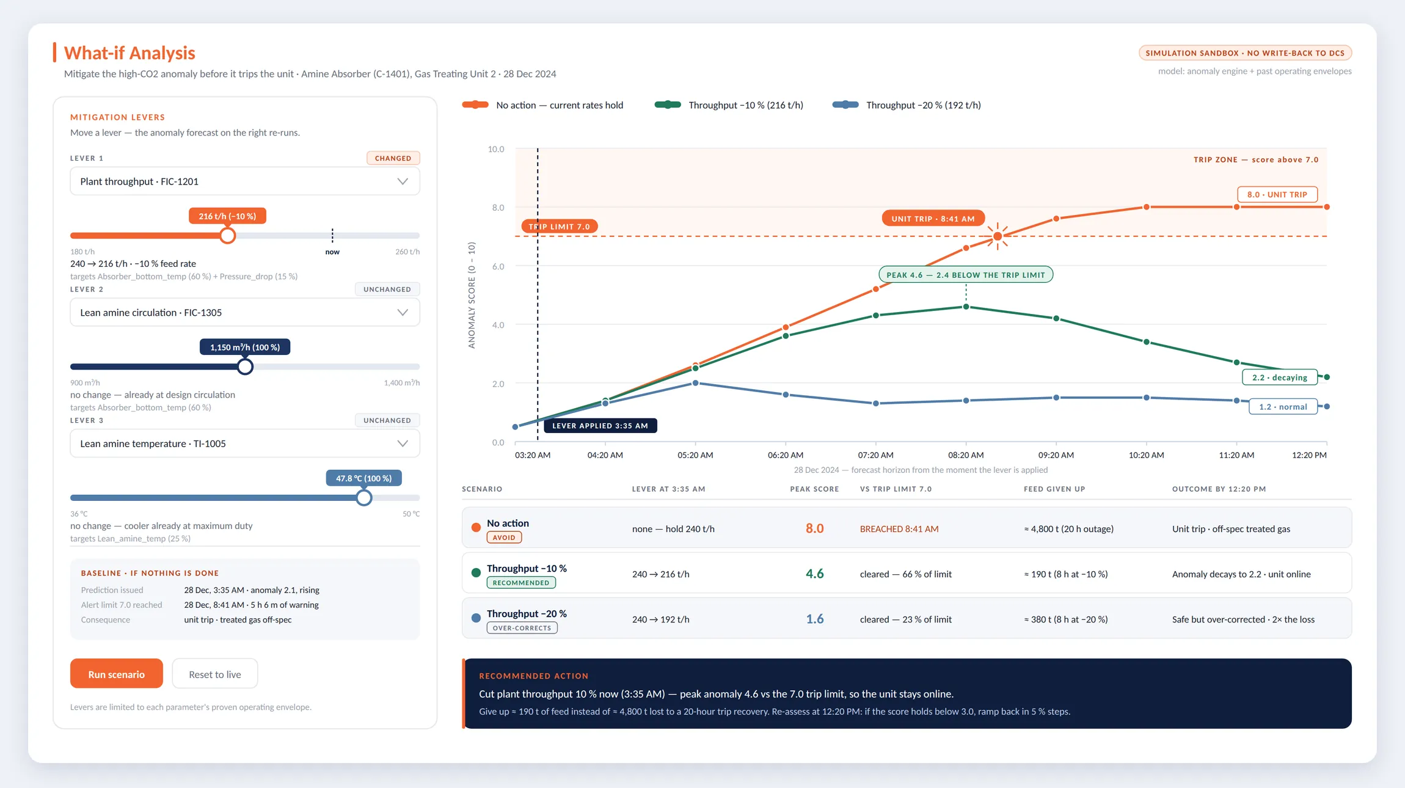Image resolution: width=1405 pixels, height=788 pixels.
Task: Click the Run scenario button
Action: coord(116,674)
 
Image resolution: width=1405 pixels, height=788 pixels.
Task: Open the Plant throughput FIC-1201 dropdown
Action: coord(245,181)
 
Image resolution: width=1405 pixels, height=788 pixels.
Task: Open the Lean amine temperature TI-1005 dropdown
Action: coord(245,443)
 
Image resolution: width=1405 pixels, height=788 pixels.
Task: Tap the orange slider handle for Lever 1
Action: coord(227,235)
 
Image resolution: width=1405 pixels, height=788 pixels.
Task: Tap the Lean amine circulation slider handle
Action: coord(245,367)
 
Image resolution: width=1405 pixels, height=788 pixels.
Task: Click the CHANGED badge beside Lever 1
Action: coord(393,158)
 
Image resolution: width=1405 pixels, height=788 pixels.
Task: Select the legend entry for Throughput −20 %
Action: coord(907,105)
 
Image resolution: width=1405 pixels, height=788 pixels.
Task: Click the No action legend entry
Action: coord(542,105)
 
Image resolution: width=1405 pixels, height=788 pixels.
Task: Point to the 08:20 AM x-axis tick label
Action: coord(966,455)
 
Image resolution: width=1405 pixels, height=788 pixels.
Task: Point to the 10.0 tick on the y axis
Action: coord(496,149)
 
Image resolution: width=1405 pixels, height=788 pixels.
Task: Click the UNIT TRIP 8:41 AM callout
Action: coord(933,219)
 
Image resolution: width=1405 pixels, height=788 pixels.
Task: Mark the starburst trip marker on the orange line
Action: coord(998,236)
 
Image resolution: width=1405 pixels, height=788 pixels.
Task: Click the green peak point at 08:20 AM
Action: coord(966,307)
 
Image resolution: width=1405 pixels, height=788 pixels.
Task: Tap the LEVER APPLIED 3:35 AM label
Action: coord(600,426)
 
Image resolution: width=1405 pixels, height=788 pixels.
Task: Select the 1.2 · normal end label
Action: coord(1283,407)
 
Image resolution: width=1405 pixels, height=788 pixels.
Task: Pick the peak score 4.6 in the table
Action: coord(814,574)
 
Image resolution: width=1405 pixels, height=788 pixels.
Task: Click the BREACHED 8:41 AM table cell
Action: coord(899,529)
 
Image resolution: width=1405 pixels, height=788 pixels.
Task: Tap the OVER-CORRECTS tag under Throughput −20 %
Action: coord(522,628)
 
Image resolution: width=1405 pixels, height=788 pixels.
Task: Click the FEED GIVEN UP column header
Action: coord(1054,489)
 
